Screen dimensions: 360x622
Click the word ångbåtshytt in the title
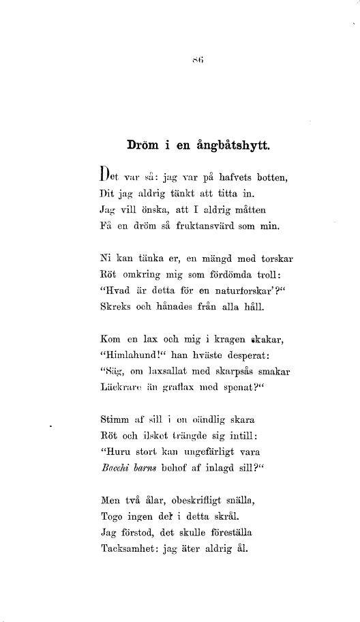232,145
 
